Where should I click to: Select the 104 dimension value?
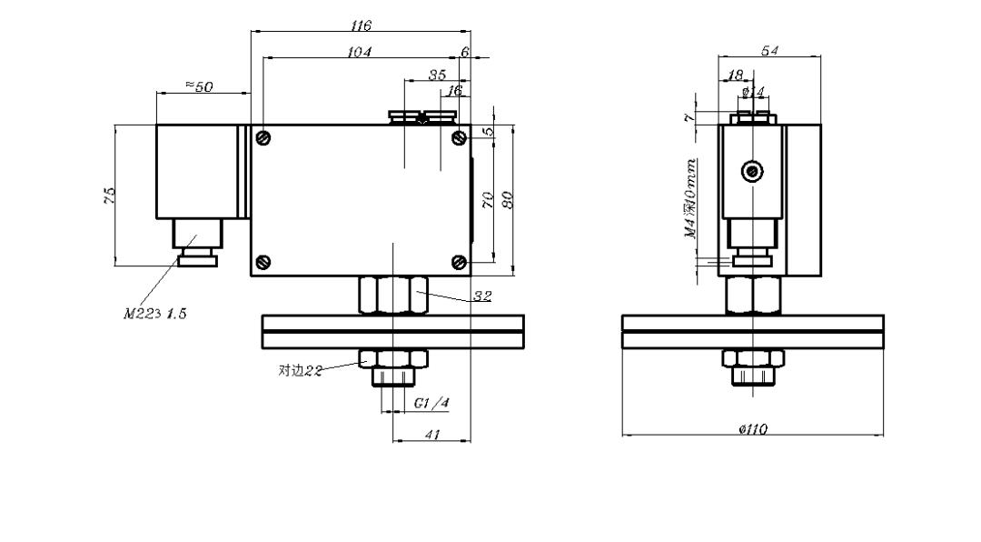360,53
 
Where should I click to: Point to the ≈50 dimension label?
199,86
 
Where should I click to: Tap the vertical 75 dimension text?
109,195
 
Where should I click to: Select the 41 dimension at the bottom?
432,436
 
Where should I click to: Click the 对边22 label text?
301,370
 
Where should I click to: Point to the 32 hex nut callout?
483,296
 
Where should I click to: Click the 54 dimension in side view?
770,51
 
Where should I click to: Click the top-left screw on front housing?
263,137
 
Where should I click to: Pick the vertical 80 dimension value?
509,197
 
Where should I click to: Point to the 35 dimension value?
438,75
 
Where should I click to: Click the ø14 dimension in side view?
753,92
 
